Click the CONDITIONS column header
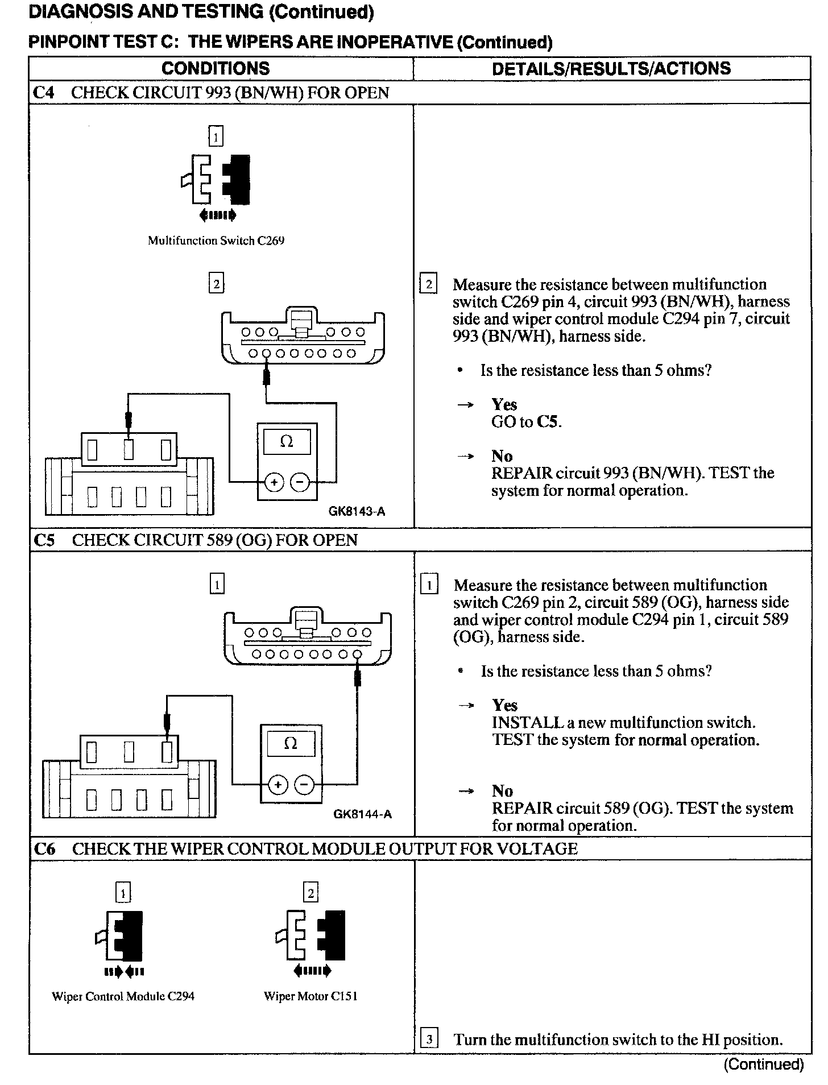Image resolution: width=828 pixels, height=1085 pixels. [x=216, y=69]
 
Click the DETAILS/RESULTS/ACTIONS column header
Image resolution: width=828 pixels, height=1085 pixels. [x=611, y=69]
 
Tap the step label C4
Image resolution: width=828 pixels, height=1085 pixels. [x=44, y=93]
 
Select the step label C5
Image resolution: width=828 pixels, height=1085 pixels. [x=44, y=540]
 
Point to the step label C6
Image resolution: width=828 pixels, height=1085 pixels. [x=45, y=849]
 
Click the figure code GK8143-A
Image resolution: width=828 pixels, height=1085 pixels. [x=357, y=511]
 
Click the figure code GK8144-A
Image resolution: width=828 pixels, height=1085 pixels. [x=362, y=814]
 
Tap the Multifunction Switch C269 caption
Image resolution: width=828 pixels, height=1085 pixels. [x=216, y=241]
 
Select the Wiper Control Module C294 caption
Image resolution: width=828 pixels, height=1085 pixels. [x=123, y=996]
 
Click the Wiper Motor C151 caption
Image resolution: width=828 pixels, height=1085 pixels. [x=310, y=996]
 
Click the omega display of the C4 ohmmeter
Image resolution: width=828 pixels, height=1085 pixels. [x=287, y=442]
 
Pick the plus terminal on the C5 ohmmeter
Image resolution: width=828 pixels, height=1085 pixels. [x=278, y=785]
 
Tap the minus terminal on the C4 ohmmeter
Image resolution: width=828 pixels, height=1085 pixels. [x=300, y=483]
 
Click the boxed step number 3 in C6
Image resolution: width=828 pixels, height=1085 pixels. [x=429, y=1040]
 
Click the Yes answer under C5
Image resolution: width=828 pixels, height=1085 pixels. [x=504, y=705]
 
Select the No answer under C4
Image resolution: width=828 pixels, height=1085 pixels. [x=502, y=456]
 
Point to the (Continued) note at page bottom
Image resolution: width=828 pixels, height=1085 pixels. [x=763, y=1064]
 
